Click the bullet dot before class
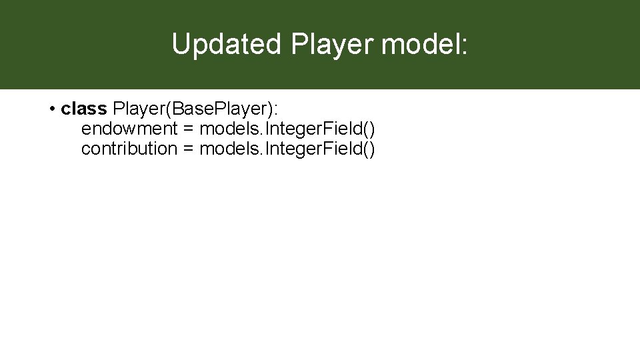(x=52, y=109)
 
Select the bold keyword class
(x=83, y=108)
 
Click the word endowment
(x=129, y=128)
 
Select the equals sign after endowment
(x=188, y=129)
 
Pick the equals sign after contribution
(x=188, y=149)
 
